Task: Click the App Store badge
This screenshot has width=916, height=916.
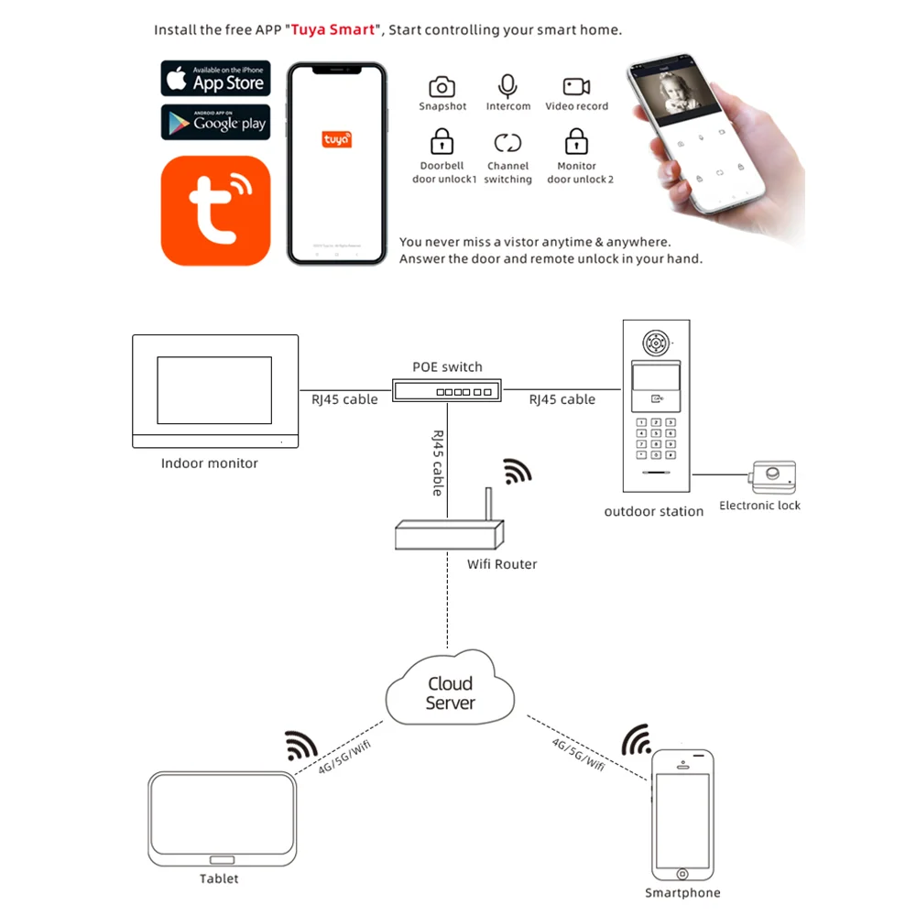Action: point(215,79)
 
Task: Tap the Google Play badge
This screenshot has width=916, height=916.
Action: point(215,122)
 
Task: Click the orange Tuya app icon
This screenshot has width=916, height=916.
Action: point(215,210)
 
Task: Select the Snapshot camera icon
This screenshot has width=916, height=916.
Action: point(442,87)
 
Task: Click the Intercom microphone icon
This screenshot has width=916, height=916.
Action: point(507,86)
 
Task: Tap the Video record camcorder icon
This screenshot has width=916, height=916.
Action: point(576,87)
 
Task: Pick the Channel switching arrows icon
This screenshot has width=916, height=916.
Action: point(507,142)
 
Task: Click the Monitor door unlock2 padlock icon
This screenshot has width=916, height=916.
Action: point(576,142)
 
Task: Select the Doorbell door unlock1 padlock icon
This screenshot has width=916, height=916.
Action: point(442,142)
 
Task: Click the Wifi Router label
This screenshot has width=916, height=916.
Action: point(502,564)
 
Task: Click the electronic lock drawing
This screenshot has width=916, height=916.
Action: point(770,476)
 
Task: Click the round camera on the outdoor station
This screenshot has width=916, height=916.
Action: point(654,343)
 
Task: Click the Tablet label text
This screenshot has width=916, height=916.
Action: point(219,878)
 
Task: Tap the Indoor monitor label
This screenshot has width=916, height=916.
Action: point(210,463)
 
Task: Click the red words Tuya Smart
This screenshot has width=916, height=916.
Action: point(333,29)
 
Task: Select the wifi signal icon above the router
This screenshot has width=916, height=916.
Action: point(517,471)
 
